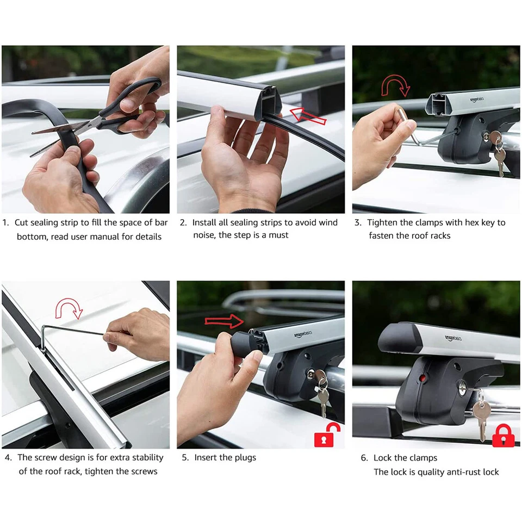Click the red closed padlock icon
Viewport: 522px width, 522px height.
(503, 436)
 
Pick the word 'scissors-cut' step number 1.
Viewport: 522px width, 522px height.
(6, 223)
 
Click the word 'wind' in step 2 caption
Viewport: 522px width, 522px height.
(328, 223)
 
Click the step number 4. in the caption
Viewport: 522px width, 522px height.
(9, 458)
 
